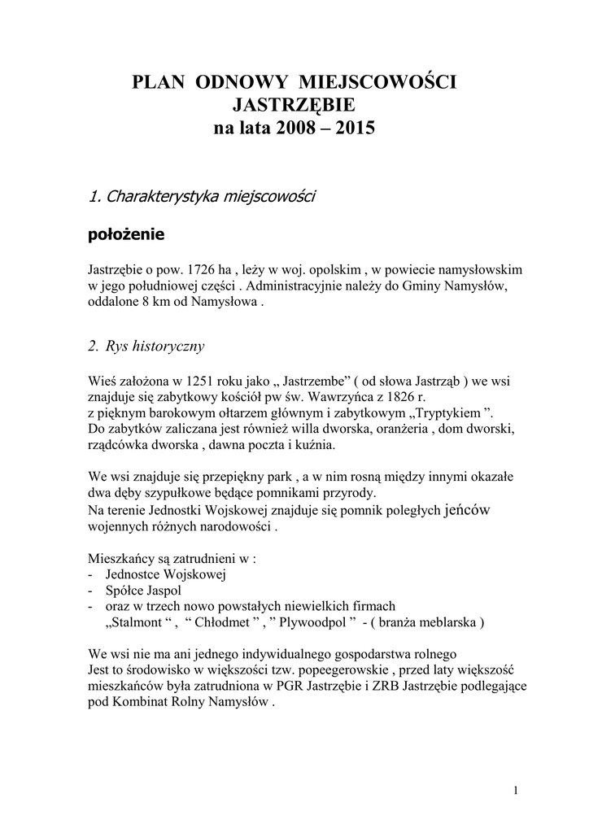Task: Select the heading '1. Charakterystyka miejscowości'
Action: point(201,196)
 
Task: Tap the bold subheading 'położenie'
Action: point(125,235)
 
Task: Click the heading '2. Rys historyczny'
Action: point(146,347)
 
